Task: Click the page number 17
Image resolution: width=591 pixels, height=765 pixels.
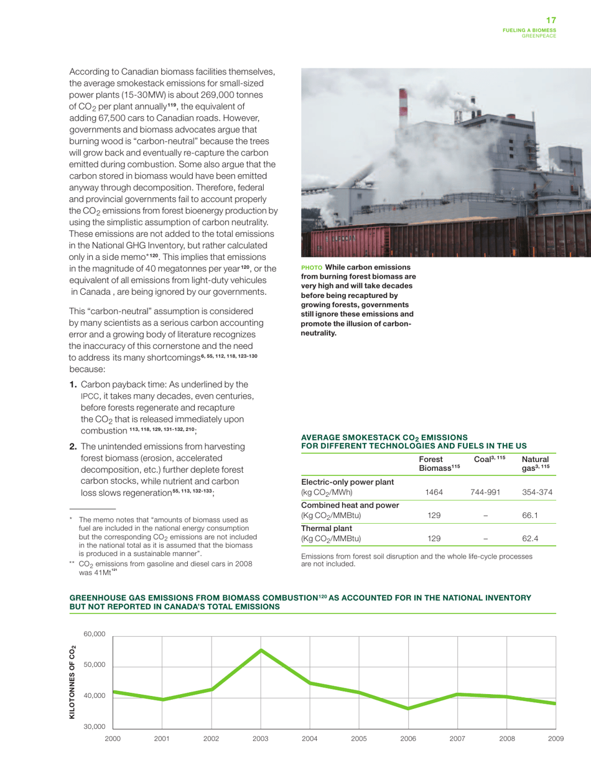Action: tap(551, 21)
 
